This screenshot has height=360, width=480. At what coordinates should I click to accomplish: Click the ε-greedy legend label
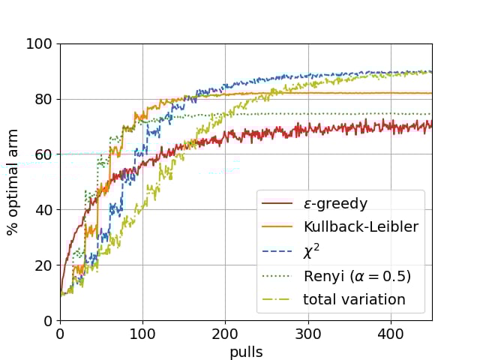click(x=336, y=203)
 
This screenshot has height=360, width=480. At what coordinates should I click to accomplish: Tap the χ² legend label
click(x=313, y=252)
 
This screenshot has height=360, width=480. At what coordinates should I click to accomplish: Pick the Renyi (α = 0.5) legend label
click(x=357, y=276)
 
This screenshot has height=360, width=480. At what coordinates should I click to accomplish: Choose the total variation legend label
click(x=354, y=300)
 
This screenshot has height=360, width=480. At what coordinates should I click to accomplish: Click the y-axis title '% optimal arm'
click(x=13, y=182)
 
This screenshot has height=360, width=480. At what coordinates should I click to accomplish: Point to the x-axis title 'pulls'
click(x=246, y=351)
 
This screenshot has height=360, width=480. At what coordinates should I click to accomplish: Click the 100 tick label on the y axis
click(x=40, y=44)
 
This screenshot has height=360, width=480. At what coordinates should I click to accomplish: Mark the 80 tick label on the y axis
click(x=43, y=99)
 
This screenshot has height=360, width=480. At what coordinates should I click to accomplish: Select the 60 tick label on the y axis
click(x=43, y=154)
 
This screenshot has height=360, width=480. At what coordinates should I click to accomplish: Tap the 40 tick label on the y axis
click(x=43, y=210)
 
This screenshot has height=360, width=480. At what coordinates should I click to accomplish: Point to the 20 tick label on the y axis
click(x=43, y=265)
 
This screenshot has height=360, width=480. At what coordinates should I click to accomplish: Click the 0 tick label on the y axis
click(x=47, y=321)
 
